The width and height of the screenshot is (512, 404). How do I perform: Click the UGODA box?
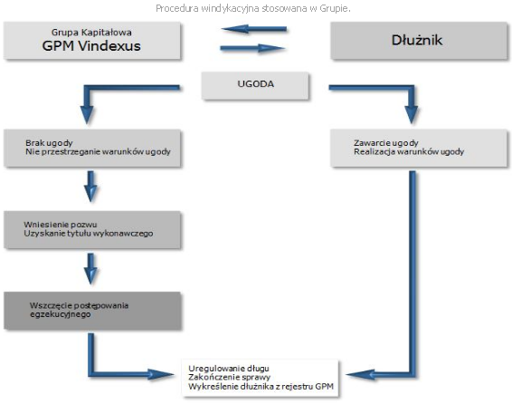255,86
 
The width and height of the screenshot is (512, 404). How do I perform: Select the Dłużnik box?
419,41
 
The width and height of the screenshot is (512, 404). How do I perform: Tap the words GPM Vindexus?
91,46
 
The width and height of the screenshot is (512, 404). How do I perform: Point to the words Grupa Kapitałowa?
91,33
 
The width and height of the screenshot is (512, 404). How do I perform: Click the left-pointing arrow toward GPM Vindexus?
254,29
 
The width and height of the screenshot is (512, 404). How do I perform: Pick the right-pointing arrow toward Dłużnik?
252,48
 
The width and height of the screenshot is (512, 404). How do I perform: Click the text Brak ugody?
49,143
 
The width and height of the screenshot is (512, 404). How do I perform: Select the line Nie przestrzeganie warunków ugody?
98,151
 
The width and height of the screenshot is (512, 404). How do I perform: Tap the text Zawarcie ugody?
386,143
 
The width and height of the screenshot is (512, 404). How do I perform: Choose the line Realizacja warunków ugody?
409,151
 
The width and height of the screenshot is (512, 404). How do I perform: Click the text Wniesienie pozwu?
61,225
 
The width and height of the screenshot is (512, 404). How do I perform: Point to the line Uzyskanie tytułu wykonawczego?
88,234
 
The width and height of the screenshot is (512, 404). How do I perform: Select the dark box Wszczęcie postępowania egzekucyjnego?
92,311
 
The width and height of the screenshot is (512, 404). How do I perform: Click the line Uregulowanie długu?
229,369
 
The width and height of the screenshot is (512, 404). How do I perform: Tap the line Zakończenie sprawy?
229,377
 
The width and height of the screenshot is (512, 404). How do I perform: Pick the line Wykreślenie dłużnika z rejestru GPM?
261,387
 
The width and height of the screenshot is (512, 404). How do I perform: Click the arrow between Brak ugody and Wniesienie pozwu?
90,187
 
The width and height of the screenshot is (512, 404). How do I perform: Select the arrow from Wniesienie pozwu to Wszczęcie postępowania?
90,269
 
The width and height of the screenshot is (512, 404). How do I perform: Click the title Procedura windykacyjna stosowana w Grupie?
253,8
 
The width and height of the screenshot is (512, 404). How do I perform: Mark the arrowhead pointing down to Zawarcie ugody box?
412,114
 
